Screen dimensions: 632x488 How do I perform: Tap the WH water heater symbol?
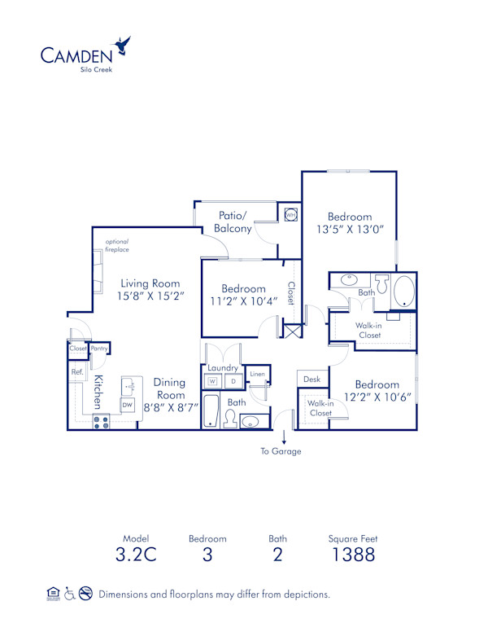(290, 215)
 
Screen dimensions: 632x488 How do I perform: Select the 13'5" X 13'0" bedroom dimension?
(350, 230)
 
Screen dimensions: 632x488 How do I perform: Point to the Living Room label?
(148, 283)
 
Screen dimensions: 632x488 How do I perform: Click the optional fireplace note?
(117, 245)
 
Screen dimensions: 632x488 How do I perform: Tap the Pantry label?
(100, 349)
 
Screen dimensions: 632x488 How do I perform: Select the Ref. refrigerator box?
(77, 372)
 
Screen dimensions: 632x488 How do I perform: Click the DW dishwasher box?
(127, 404)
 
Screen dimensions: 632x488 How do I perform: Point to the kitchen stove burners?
(102, 421)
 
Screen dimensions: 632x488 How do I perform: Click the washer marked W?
(212, 380)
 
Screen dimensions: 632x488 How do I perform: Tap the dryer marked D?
(233, 380)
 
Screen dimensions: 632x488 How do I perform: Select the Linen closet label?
(257, 374)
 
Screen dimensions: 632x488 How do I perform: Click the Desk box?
(312, 380)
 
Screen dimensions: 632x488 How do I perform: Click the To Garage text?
(281, 451)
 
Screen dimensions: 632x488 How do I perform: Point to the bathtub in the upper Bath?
(403, 292)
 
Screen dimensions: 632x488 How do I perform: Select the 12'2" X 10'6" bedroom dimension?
(377, 398)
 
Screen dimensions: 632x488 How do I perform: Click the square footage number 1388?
(352, 555)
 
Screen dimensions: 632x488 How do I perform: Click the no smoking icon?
(85, 594)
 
